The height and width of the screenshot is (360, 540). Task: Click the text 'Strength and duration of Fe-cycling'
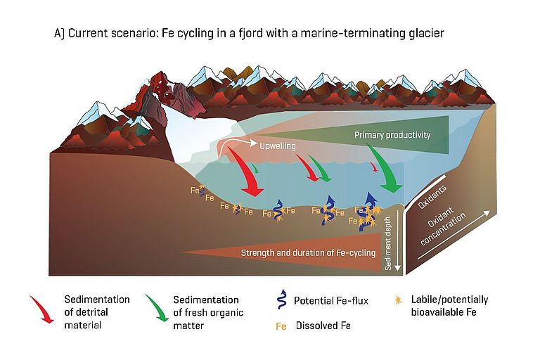308,252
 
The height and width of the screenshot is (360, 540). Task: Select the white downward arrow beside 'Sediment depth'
399,243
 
